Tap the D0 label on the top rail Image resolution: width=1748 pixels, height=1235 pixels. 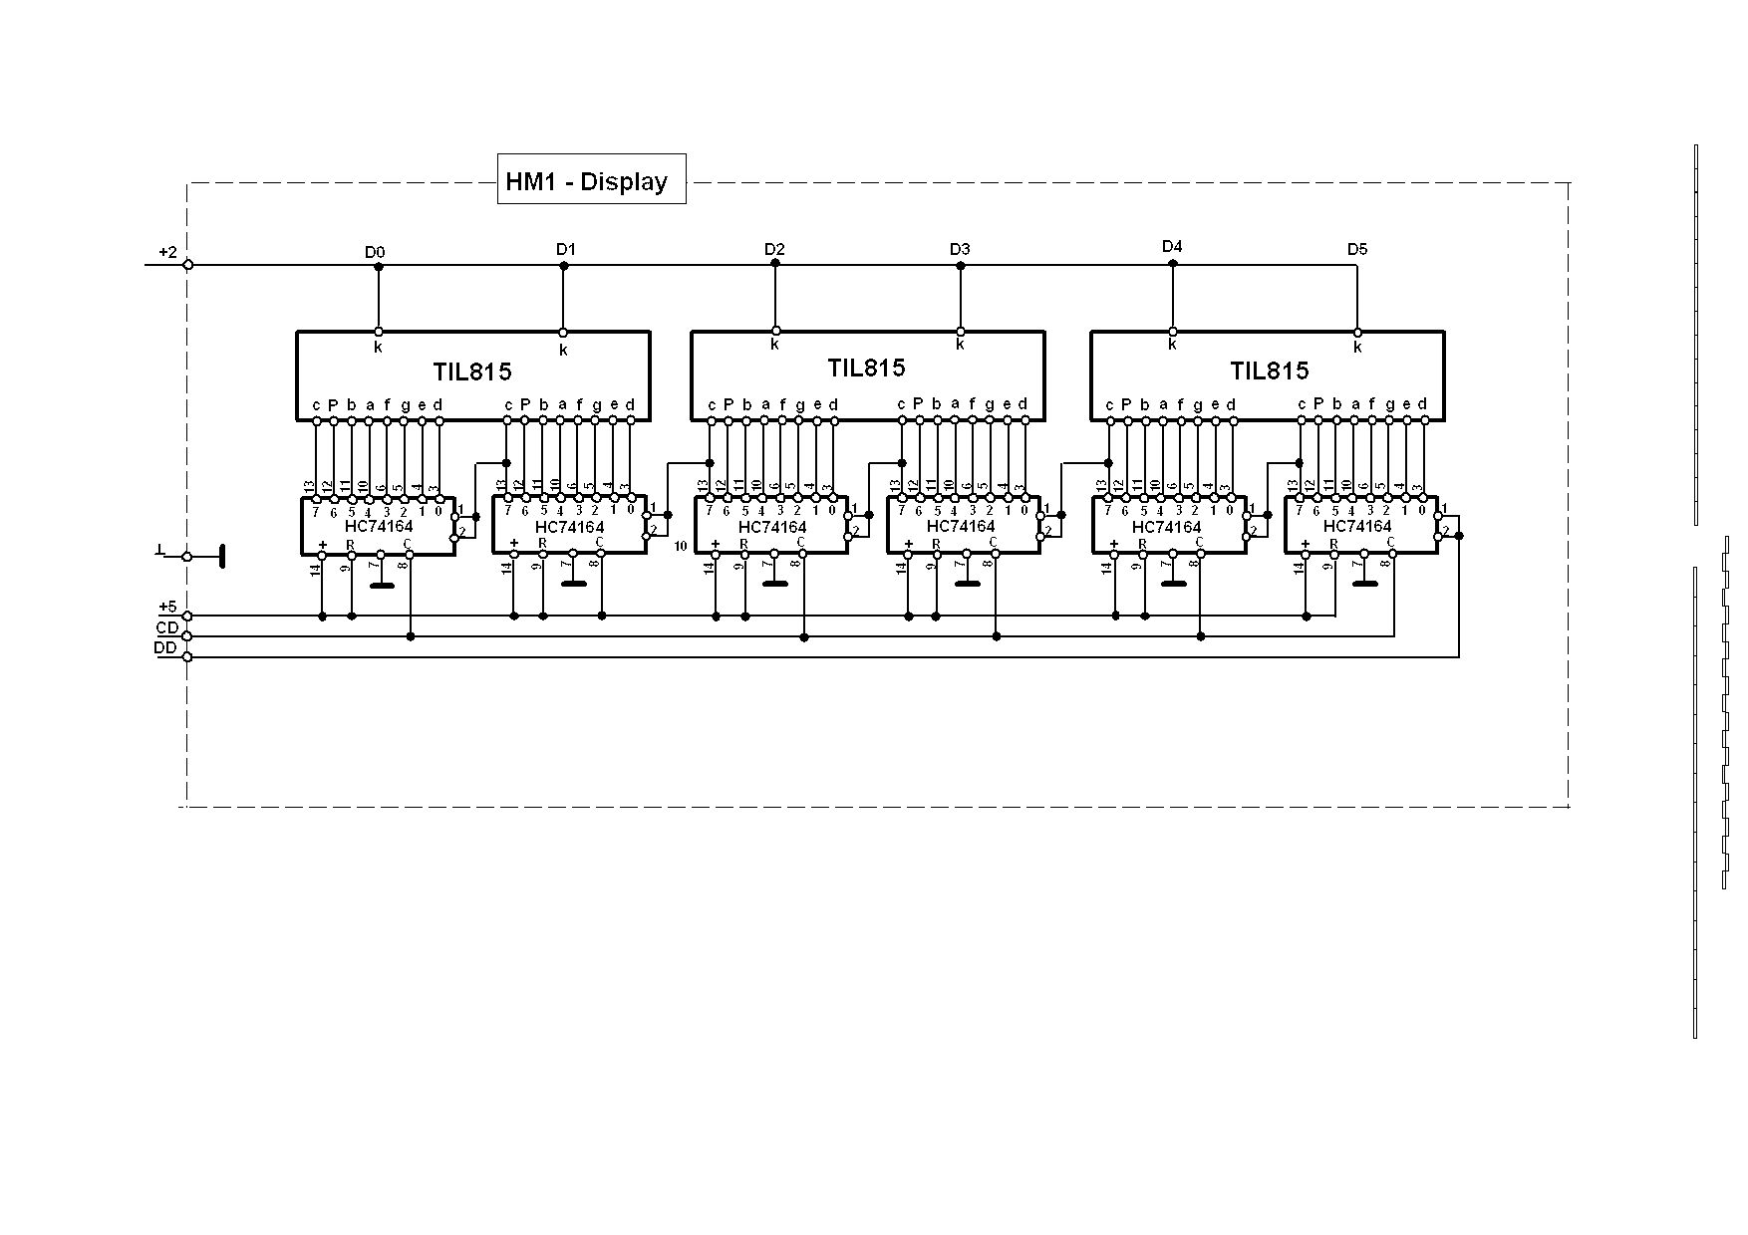pyautogui.click(x=374, y=253)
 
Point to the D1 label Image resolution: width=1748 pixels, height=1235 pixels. pyautogui.click(x=566, y=249)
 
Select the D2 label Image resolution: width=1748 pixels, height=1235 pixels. pyautogui.click(x=774, y=249)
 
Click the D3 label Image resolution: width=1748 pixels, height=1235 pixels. pyautogui.click(x=959, y=249)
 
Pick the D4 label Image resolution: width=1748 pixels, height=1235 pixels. pyautogui.click(x=1172, y=246)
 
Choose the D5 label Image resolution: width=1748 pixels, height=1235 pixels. pyautogui.click(x=1357, y=249)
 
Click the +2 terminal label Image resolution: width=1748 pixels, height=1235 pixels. pyautogui.click(x=167, y=253)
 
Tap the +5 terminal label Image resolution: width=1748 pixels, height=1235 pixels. pyautogui.click(x=167, y=607)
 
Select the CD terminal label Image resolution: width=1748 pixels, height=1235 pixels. pyautogui.click(x=166, y=627)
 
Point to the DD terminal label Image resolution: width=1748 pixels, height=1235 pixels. pyautogui.click(x=165, y=647)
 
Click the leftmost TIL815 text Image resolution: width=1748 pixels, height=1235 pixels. pyautogui.click(x=472, y=372)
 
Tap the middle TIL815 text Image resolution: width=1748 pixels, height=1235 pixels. pyautogui.click(x=866, y=369)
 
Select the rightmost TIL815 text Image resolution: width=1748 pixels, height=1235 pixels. pyautogui.click(x=1269, y=371)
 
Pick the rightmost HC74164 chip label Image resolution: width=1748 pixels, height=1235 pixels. pyautogui.click(x=1357, y=525)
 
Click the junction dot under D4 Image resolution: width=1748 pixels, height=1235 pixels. pyautogui.click(x=1173, y=264)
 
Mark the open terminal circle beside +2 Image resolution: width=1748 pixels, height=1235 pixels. pyautogui.click(x=187, y=264)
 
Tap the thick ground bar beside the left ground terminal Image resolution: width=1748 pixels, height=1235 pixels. pyautogui.click(x=221, y=556)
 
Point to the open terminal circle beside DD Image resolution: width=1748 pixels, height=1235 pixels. pyautogui.click(x=187, y=656)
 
